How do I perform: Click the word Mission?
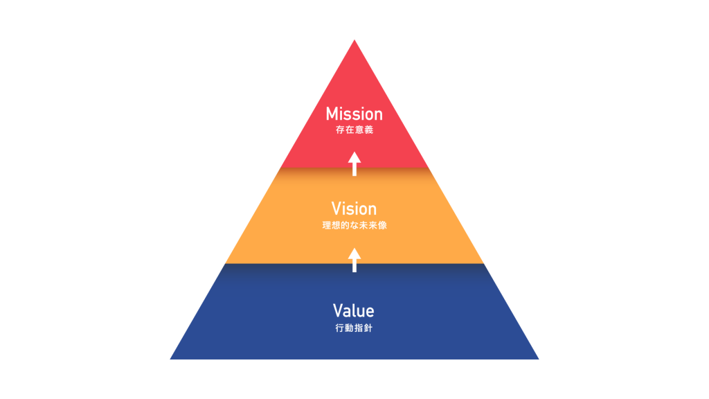coord(354,114)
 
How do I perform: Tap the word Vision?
coord(354,209)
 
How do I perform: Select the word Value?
coord(354,310)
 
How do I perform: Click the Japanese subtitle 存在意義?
coord(354,130)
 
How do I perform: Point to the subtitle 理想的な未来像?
coord(354,225)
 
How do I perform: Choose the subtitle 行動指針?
coord(354,327)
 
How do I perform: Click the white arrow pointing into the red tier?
coord(354,163)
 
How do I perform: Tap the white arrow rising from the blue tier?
coord(354,259)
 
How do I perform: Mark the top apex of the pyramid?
coord(354,40)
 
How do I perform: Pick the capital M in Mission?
coord(333,114)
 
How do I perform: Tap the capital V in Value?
coord(338,310)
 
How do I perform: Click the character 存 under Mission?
coord(339,130)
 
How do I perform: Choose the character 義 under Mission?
coord(368,130)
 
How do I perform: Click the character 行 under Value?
coord(339,327)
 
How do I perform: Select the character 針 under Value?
coord(368,327)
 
